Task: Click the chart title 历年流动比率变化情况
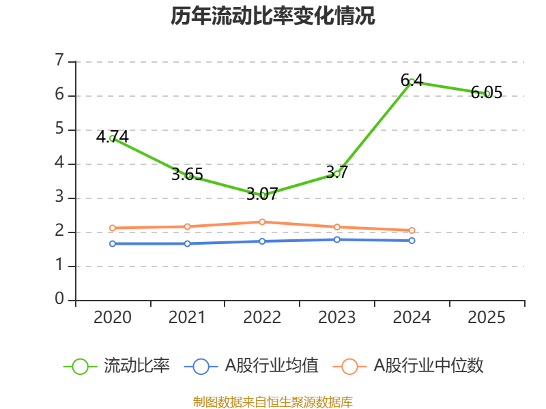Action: (x=272, y=16)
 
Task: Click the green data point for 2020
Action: (x=113, y=138)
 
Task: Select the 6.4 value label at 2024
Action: (x=412, y=80)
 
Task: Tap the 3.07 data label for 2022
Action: (x=262, y=194)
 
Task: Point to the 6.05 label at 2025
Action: (x=487, y=93)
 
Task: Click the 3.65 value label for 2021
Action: (x=187, y=175)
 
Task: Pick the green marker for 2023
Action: (x=336, y=174)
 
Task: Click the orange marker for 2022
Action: (x=262, y=222)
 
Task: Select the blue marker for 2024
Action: (x=412, y=241)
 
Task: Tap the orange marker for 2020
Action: (x=113, y=228)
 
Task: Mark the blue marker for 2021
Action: (x=187, y=244)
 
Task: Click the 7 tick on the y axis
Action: (x=59, y=60)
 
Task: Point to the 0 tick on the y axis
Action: (x=59, y=299)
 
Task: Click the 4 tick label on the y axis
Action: (x=59, y=162)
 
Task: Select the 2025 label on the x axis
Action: (x=487, y=317)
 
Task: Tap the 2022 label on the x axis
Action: (x=262, y=317)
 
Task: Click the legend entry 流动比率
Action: (x=117, y=366)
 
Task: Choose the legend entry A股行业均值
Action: (x=251, y=366)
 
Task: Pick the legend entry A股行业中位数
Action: (x=408, y=366)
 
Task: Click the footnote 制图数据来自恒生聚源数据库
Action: (x=273, y=402)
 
